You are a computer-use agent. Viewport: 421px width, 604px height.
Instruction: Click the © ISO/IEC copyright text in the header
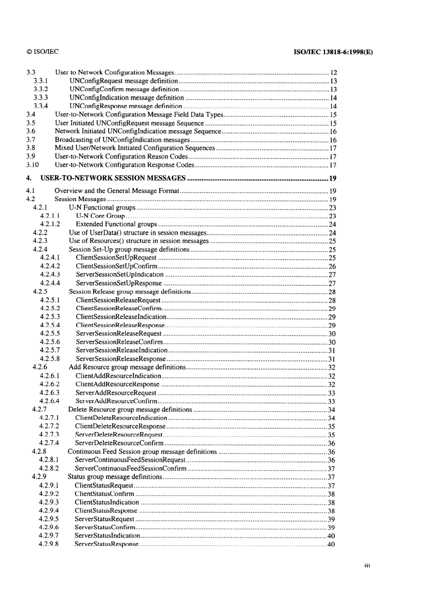click(x=43, y=51)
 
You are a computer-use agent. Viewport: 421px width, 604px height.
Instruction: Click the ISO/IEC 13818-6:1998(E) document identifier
click(x=333, y=51)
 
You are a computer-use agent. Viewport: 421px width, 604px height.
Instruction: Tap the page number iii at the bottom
click(x=367, y=565)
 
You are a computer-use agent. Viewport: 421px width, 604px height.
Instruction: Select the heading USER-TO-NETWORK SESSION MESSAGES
click(x=113, y=178)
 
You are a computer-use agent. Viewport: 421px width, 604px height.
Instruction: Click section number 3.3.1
click(x=41, y=81)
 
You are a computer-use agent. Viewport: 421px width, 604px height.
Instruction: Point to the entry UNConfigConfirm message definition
click(x=124, y=89)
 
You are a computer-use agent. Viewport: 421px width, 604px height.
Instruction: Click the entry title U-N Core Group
click(x=100, y=216)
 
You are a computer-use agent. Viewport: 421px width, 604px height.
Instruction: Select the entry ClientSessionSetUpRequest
click(x=116, y=257)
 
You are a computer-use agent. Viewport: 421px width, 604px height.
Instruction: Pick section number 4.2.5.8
click(x=50, y=359)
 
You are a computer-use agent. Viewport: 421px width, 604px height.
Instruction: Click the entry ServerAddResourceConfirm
click(x=116, y=401)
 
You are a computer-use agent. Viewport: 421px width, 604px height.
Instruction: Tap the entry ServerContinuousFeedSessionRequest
click(x=130, y=460)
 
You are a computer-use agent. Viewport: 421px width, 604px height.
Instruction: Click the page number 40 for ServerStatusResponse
click(x=331, y=544)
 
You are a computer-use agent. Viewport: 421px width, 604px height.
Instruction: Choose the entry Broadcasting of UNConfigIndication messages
click(x=122, y=140)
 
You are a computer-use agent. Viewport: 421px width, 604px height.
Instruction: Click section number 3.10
click(x=32, y=165)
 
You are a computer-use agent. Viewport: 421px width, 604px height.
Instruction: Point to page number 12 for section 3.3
click(x=334, y=72)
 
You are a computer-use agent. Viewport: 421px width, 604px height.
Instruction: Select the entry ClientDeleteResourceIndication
click(x=121, y=418)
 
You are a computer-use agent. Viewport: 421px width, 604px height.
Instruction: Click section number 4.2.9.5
click(x=49, y=519)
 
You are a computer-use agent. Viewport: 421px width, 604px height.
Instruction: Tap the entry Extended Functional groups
click(x=116, y=224)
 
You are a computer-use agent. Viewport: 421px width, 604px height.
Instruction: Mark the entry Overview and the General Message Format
click(x=117, y=191)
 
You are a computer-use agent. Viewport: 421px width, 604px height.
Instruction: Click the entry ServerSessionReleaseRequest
click(x=119, y=333)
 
